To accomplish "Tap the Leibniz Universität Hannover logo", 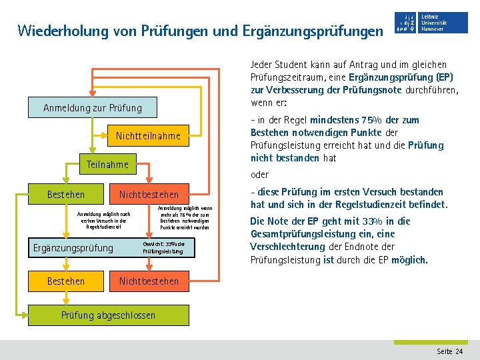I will coord(431,23).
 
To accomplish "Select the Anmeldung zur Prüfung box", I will coord(93,107).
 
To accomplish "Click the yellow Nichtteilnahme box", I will coord(148,136).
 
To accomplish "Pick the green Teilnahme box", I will coord(108,164).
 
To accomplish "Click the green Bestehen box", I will coord(66,195).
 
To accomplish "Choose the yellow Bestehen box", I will coord(66,281).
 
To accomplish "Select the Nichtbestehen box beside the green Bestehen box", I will coord(149,195).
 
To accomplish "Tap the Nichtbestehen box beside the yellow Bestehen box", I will coord(149,281).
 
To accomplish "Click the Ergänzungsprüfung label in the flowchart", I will coord(73,249).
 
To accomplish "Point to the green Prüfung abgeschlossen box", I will coord(108,315).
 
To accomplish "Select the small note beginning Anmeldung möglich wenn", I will coord(185,218).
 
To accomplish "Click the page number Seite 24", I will coord(449,351).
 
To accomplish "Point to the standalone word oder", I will coord(259,175).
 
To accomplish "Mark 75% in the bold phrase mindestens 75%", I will coord(370,120).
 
